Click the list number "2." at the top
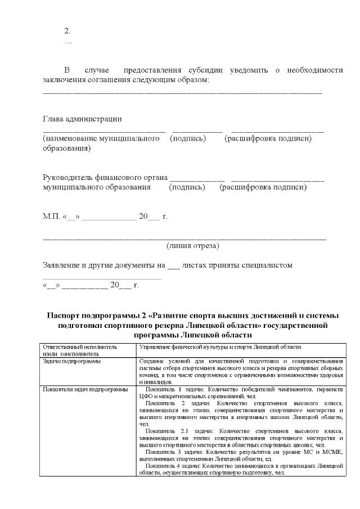coord(67,30)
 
